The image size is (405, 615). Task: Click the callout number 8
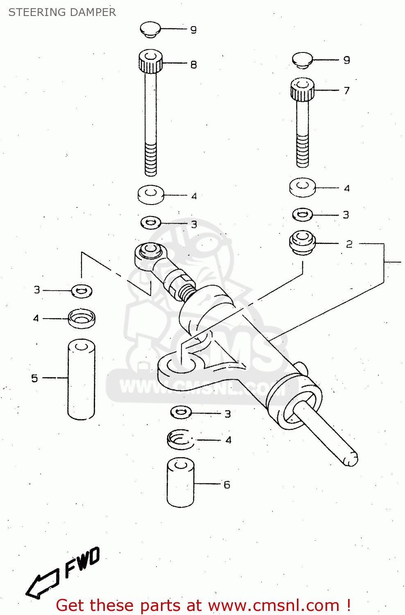click(x=194, y=64)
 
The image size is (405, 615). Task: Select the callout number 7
click(x=347, y=90)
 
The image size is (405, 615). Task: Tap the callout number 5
click(x=35, y=378)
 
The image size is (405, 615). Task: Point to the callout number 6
click(x=227, y=485)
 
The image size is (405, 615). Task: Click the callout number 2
click(x=349, y=244)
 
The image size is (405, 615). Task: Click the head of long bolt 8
click(x=151, y=61)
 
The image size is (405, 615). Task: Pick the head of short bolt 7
click(x=303, y=89)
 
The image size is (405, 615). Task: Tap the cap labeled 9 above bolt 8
click(x=150, y=29)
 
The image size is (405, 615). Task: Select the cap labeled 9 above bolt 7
click(x=303, y=59)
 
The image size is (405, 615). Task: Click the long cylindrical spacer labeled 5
click(x=81, y=379)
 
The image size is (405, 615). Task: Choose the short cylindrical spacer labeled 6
click(x=181, y=483)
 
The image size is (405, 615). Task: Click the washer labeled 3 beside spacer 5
click(x=82, y=291)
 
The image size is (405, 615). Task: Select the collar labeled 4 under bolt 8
click(x=151, y=194)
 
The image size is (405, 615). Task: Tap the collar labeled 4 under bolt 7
click(x=302, y=187)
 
